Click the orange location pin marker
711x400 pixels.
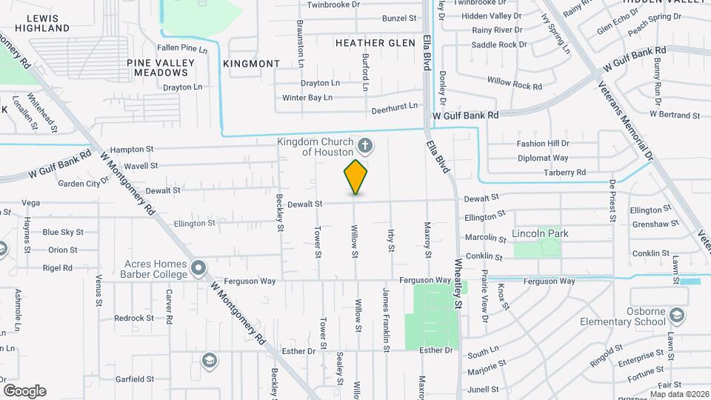pyautogui.click(x=356, y=176)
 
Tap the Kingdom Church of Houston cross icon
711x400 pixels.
pyautogui.click(x=364, y=144)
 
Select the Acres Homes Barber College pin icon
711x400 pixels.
pyautogui.click(x=198, y=267)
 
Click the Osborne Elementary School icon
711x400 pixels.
pyautogui.click(x=676, y=316)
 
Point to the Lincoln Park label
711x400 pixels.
pyautogui.click(x=540, y=233)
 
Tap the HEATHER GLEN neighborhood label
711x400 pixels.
pyautogui.click(x=375, y=43)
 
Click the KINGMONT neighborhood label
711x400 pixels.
pyautogui.click(x=252, y=64)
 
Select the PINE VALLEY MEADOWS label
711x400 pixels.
pyautogui.click(x=156, y=67)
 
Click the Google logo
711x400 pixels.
pyautogui.click(x=24, y=390)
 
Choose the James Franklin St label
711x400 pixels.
pyautogui.click(x=386, y=318)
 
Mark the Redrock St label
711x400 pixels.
pyautogui.click(x=133, y=318)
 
